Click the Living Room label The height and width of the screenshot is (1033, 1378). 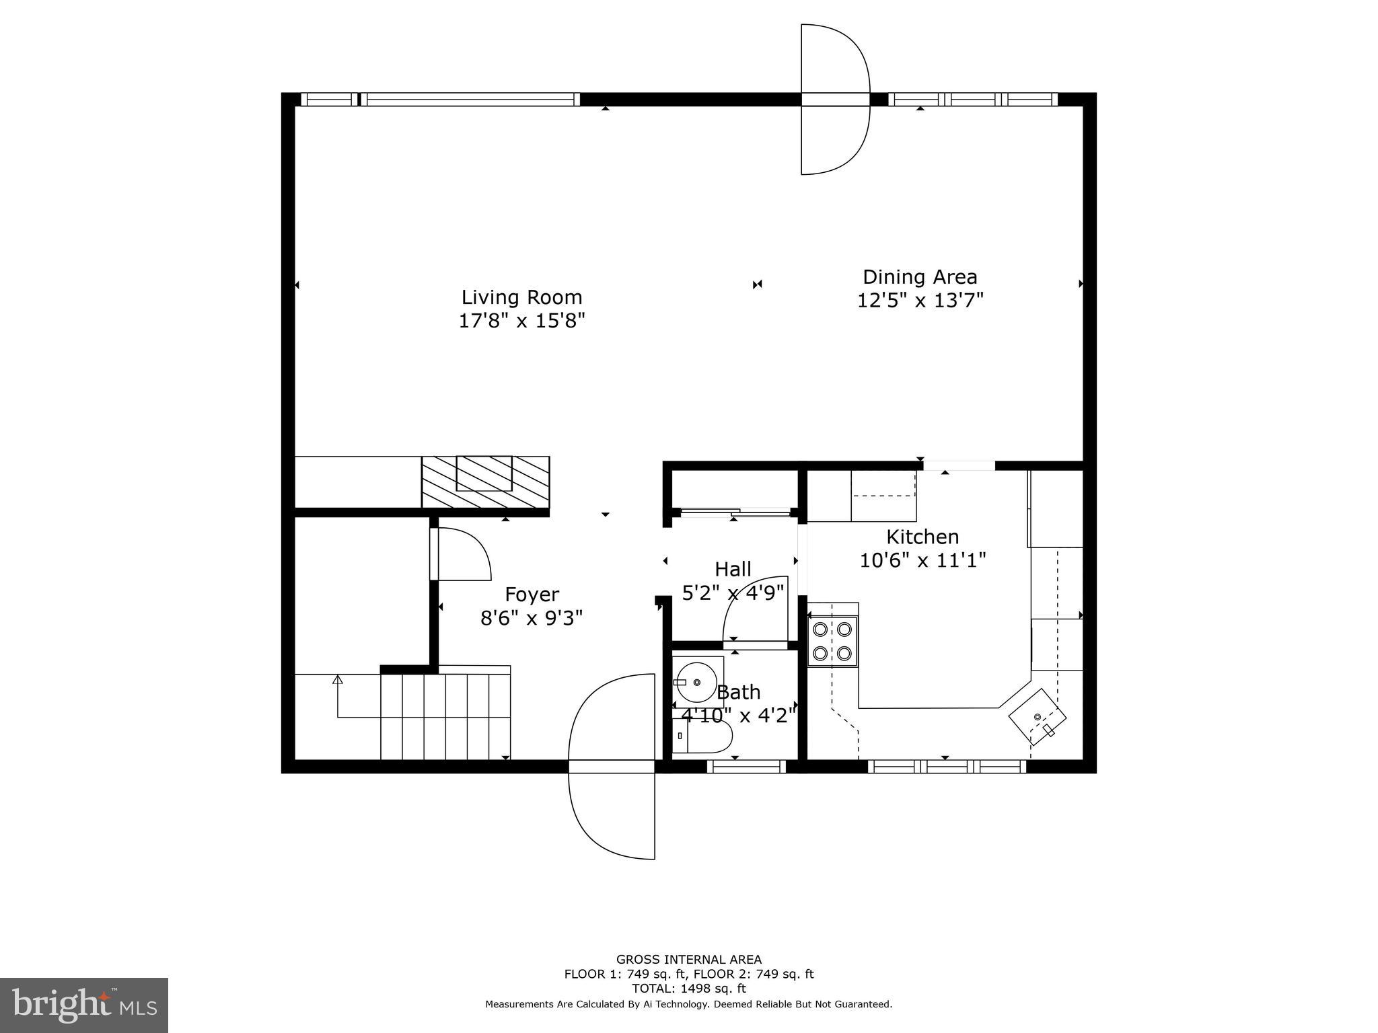pos(521,297)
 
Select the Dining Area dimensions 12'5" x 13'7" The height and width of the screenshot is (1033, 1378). pos(920,300)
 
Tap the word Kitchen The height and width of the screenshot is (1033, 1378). pos(922,537)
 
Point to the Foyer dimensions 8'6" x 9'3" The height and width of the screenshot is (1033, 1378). pos(531,617)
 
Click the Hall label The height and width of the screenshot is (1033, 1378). pos(733,569)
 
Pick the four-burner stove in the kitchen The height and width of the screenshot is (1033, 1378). pos(832,641)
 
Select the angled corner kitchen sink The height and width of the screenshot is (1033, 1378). pos(1037,716)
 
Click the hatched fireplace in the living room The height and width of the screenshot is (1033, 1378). pos(484,482)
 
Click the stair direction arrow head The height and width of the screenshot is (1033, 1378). pos(337,680)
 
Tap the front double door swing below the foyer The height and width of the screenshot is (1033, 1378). pos(612,767)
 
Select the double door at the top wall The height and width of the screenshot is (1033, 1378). pos(835,100)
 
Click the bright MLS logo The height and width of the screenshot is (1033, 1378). pos(84,1005)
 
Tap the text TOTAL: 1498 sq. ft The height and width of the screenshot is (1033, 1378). pos(688,989)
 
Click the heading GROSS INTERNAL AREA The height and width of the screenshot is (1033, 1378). pos(688,960)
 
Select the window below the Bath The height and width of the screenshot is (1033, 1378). pos(746,766)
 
